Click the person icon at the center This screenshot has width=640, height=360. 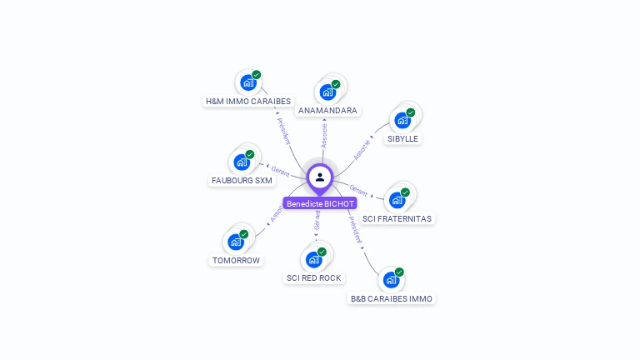tap(320, 177)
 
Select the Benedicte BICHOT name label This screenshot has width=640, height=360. tap(320, 203)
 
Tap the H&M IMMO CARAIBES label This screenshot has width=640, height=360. tap(248, 102)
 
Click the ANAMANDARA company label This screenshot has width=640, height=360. tap(327, 111)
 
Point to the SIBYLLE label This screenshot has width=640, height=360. tap(402, 139)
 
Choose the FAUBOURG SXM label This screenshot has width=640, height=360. tap(242, 181)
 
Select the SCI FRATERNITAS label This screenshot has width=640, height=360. tap(398, 218)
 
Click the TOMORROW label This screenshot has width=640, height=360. tap(236, 261)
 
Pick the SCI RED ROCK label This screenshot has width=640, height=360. tap(314, 278)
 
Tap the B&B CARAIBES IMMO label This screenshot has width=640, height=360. tap(392, 298)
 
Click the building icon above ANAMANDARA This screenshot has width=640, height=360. tap(327, 92)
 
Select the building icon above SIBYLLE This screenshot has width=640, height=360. tap(402, 120)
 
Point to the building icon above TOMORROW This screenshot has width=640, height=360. tap(236, 242)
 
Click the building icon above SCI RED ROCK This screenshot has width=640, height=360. tap(313, 259)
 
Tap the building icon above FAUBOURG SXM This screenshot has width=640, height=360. tap(242, 162)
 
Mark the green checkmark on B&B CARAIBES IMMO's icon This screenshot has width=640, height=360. tap(399, 272)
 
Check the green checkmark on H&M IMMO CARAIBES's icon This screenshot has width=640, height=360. tap(256, 75)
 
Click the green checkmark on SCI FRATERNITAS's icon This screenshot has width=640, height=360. tap(405, 192)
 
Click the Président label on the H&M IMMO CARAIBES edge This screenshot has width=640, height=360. tap(282, 131)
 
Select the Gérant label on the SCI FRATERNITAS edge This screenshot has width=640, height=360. tap(358, 191)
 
